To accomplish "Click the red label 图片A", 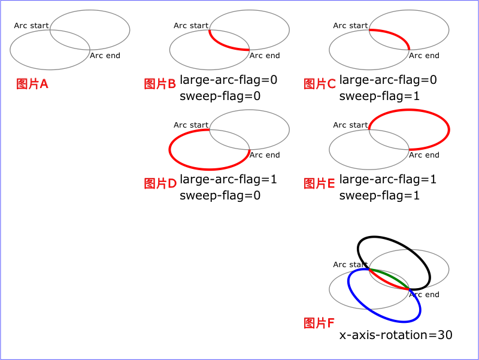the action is click(32, 84).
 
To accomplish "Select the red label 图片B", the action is click(160, 84).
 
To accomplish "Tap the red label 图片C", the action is click(320, 84).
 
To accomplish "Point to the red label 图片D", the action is click(160, 183).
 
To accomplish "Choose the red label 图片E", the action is click(319, 183).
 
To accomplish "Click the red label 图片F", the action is click(319, 323).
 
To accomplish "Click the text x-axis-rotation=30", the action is click(396, 335).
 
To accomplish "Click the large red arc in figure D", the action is click(210, 169).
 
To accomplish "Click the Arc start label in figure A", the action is click(31, 26).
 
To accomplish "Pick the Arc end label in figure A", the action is click(105, 56).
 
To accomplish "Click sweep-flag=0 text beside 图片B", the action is click(220, 96).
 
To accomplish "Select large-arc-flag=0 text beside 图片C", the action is click(388, 80).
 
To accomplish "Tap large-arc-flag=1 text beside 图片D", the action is click(229, 179).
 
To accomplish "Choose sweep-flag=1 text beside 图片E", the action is click(380, 195).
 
